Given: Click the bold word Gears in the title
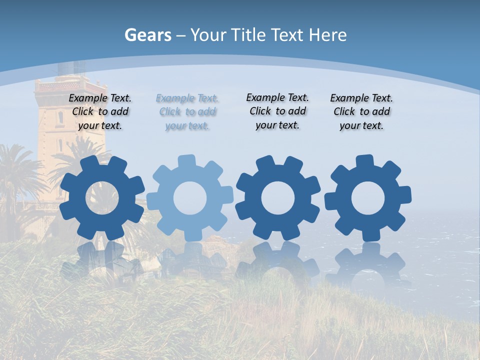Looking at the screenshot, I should pos(147,35).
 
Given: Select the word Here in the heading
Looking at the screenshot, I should pos(327,35).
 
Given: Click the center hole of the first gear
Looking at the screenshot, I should pos(102,198).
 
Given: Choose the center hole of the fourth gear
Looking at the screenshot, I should pos(368,198).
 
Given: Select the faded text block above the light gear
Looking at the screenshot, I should pos(187,112).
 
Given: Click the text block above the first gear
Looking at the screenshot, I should pos(100,112).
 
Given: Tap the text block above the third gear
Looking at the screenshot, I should pos(277,111).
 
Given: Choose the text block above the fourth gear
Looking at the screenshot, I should pos(361,112).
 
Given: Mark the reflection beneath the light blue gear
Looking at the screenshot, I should pos(190,262).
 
